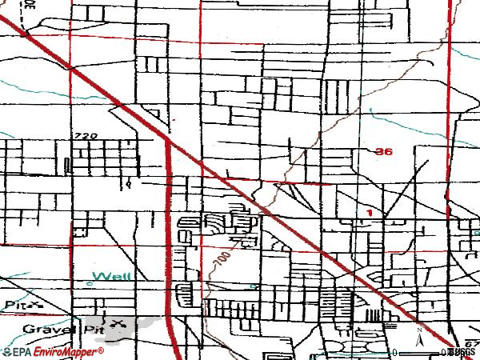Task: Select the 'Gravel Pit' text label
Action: tap(51, 328)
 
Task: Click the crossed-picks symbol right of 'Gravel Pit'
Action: tap(119, 324)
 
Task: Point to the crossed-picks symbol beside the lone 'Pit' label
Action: tap(35, 305)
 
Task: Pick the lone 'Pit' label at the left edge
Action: tap(11, 305)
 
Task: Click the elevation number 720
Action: tap(86, 137)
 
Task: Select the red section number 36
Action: tap(383, 151)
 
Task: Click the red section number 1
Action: tap(370, 212)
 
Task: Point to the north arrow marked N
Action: tap(419, 336)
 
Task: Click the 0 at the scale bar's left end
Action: tap(394, 352)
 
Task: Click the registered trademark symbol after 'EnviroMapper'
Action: tap(102, 350)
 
